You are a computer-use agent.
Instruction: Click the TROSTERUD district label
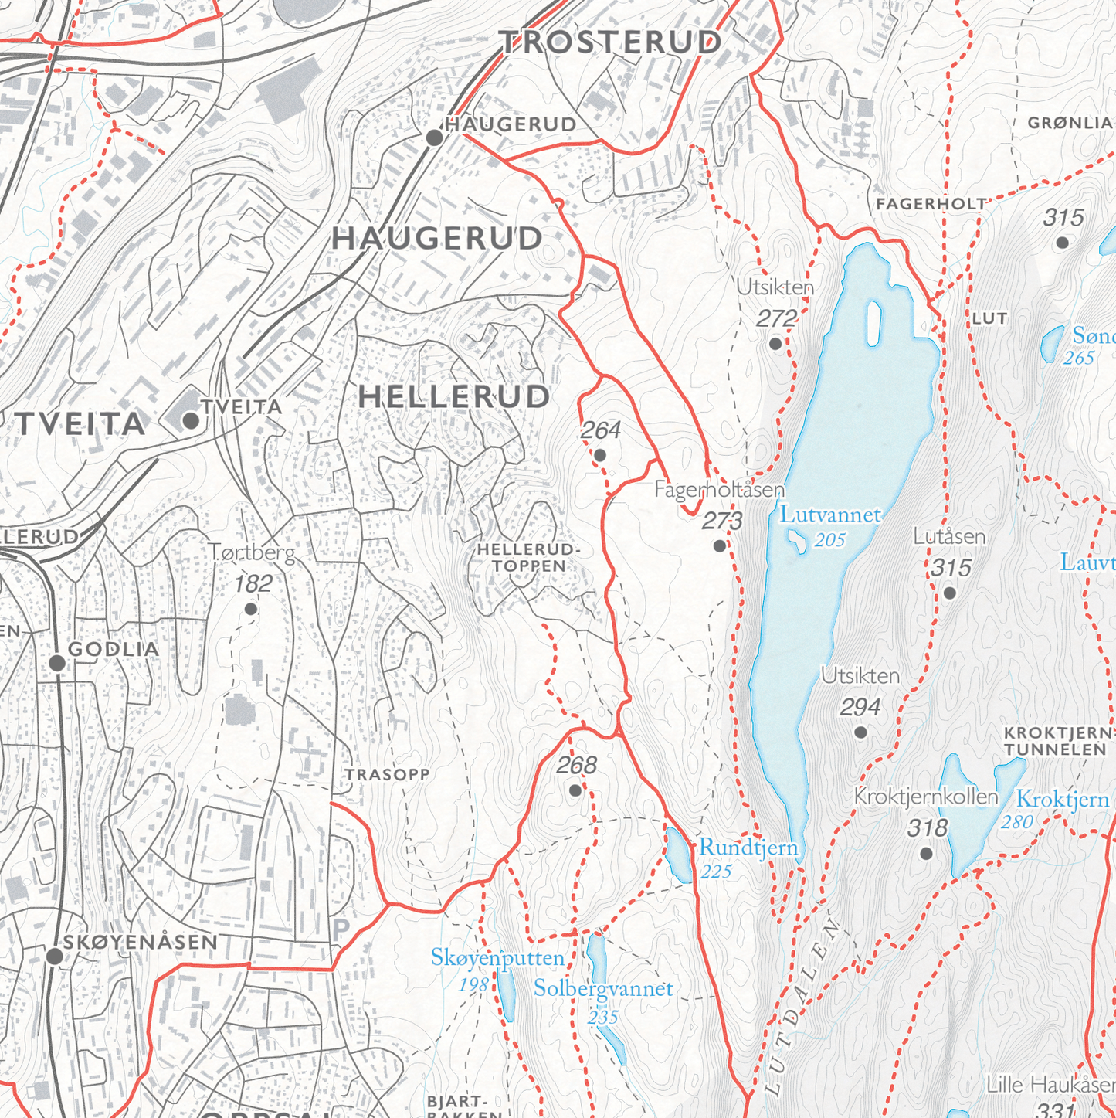610,42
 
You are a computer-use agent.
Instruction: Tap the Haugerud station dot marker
435,138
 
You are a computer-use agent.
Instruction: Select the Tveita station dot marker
191,421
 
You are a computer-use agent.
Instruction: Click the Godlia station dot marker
57,663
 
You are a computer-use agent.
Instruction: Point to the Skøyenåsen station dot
54,957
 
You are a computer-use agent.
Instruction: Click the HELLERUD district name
454,397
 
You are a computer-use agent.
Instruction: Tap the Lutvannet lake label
830,515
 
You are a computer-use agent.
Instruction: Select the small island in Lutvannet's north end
874,323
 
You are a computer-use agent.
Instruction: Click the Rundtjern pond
679,854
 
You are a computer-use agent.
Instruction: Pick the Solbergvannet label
603,989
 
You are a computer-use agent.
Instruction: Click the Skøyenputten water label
497,959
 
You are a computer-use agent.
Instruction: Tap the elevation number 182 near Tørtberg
253,584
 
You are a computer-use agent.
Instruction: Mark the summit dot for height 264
600,455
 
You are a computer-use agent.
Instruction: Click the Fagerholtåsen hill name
719,490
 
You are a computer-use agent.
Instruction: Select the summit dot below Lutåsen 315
950,593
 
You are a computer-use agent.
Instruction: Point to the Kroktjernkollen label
926,797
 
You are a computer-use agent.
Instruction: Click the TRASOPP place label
387,775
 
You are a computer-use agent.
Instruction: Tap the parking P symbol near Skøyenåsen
341,929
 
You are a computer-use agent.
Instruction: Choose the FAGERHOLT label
931,205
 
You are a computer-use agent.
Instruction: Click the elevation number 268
577,765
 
